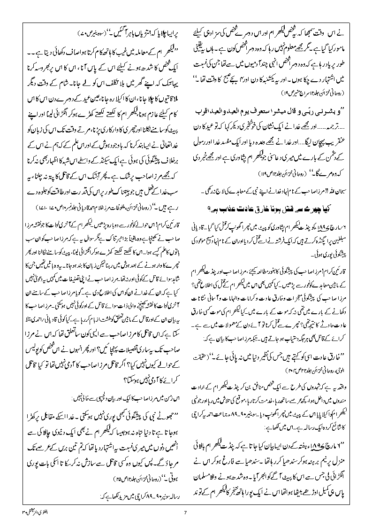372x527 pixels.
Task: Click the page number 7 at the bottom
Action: (x=186, y=512)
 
